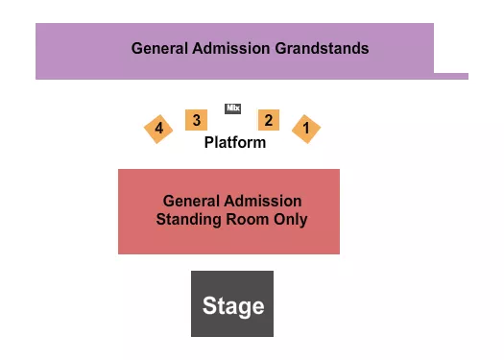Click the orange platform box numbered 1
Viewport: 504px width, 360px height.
pyautogui.click(x=306, y=128)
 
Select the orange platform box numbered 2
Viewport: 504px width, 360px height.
pyautogui.click(x=269, y=120)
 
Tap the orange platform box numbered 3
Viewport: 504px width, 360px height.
pyautogui.click(x=196, y=120)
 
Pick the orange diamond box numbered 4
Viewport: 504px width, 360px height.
pyautogui.click(x=158, y=128)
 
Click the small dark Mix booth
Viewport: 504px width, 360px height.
pyautogui.click(x=232, y=108)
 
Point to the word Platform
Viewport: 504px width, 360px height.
pyautogui.click(x=234, y=142)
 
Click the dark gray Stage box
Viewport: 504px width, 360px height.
pyautogui.click(x=232, y=303)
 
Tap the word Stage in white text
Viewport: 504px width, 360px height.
pyautogui.click(x=232, y=306)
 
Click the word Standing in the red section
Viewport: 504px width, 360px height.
pyautogui.click(x=188, y=219)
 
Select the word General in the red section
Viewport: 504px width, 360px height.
pyautogui.click(x=190, y=202)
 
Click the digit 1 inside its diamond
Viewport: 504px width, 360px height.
pyautogui.click(x=306, y=128)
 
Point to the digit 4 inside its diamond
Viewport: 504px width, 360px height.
pyautogui.click(x=158, y=128)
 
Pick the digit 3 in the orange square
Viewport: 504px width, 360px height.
pyautogui.click(x=196, y=120)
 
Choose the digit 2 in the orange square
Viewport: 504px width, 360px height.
pyautogui.click(x=269, y=120)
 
